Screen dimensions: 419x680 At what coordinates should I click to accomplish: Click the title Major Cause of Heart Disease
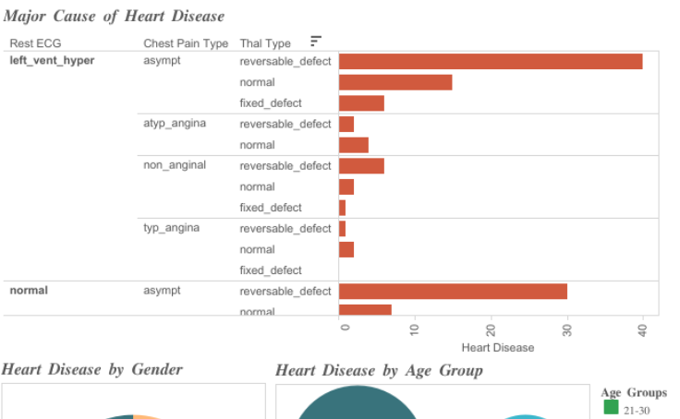(114, 16)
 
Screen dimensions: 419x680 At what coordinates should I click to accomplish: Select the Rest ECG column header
(35, 43)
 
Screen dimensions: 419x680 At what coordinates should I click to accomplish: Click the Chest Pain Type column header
(186, 43)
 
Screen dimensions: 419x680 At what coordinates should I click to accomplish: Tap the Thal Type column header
(265, 43)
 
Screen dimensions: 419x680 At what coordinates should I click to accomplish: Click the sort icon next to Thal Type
(316, 42)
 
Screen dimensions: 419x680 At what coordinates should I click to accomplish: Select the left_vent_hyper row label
(52, 61)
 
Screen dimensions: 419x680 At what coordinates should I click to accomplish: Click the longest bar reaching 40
(491, 62)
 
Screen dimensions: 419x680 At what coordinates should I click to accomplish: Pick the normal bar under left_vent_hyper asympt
(395, 82)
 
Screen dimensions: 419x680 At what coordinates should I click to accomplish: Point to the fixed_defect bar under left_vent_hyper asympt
(361, 103)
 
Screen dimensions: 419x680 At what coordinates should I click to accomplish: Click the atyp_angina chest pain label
(175, 124)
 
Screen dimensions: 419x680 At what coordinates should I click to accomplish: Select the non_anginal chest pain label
(175, 165)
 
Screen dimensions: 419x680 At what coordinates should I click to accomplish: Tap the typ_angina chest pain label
(171, 228)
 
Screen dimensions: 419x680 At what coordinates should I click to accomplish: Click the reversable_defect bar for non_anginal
(361, 166)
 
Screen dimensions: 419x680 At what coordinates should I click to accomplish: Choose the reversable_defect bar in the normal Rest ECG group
(453, 291)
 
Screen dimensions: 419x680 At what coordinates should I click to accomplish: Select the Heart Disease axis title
(497, 348)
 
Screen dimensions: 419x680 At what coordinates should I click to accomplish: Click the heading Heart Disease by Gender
(92, 370)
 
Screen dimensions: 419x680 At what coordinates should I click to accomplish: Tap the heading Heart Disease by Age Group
(379, 371)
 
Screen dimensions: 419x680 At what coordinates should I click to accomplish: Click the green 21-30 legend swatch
(611, 407)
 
